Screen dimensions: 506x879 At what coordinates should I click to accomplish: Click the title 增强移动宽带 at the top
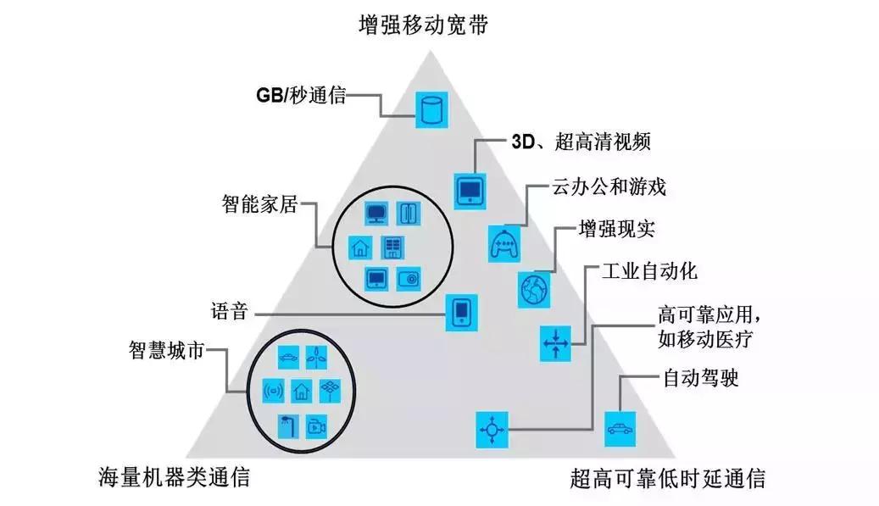pyautogui.click(x=425, y=23)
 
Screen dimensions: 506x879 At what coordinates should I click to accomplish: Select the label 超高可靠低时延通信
pyautogui.click(x=668, y=478)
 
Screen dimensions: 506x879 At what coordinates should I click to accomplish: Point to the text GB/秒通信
pyautogui.click(x=301, y=95)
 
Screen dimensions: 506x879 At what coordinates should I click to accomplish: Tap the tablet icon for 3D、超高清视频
pyautogui.click(x=468, y=192)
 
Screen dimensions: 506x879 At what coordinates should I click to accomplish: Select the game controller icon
pyautogui.click(x=504, y=244)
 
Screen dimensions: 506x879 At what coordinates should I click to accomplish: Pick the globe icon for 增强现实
pyautogui.click(x=534, y=289)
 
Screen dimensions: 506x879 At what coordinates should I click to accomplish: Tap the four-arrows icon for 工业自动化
pyautogui.click(x=556, y=343)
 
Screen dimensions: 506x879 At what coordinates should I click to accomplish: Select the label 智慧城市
pyautogui.click(x=166, y=350)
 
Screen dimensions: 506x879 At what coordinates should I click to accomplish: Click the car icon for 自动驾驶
pyautogui.click(x=618, y=428)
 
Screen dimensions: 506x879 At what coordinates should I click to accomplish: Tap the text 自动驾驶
pyautogui.click(x=701, y=377)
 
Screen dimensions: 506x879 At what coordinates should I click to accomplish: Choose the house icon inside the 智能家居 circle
pyautogui.click(x=360, y=247)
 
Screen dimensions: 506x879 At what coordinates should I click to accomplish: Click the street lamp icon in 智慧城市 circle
pyautogui.click(x=287, y=424)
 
